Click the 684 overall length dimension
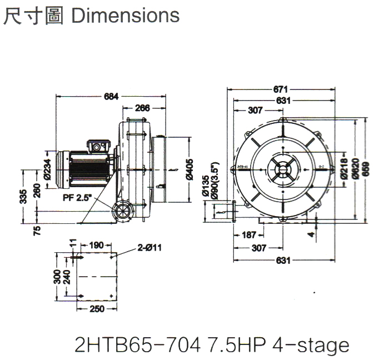point(112,97)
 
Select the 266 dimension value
point(143,109)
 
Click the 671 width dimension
point(282,89)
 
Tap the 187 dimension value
point(249,235)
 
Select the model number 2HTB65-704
point(137,344)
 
